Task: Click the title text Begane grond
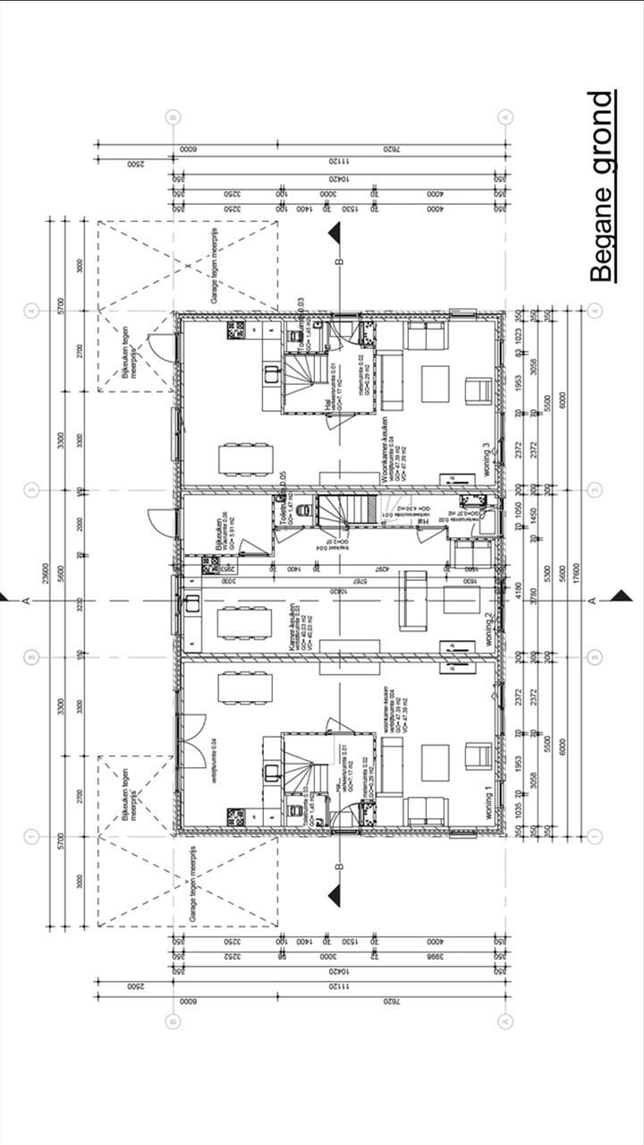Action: click(x=603, y=186)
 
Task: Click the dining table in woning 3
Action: click(x=245, y=458)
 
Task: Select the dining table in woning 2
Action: click(x=245, y=621)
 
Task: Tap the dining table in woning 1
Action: click(x=245, y=688)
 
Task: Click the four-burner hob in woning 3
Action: click(x=235, y=329)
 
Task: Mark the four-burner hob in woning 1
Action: click(x=235, y=816)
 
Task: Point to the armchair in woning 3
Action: click(x=478, y=390)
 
